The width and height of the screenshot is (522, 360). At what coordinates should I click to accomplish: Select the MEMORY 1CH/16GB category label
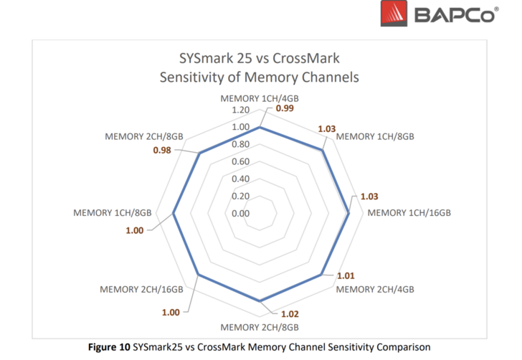409,213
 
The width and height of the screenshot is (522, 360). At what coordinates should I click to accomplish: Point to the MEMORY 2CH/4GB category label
374,289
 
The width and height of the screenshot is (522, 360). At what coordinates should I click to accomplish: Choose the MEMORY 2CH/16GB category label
143,289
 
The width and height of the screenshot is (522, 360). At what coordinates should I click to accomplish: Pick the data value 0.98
161,150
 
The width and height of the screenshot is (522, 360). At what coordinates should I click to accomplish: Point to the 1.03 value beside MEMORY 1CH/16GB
369,196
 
